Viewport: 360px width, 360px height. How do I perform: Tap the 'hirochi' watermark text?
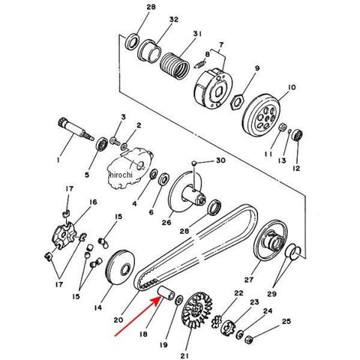tap(121, 175)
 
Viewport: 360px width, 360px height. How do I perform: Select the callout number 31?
tap(197, 34)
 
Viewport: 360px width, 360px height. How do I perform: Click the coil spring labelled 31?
tap(175, 66)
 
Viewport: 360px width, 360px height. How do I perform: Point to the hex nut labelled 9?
tap(237, 102)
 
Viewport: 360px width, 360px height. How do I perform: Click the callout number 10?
tap(292, 87)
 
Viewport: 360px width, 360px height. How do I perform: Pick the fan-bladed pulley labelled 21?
tap(197, 310)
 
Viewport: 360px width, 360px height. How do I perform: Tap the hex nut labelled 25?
tap(249, 339)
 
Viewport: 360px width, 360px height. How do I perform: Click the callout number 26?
tap(166, 222)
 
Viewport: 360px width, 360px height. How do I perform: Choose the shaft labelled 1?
tap(75, 130)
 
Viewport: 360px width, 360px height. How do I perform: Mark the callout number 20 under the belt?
tap(118, 319)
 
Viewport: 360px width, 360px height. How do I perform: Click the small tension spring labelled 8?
tap(200, 63)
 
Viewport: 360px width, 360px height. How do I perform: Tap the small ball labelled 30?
tap(194, 163)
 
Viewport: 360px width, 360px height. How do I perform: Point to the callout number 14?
tap(98, 307)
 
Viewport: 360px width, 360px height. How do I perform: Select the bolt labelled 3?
tap(115, 140)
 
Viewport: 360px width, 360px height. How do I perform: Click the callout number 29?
tap(271, 293)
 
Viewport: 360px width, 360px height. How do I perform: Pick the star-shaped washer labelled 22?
tap(217, 321)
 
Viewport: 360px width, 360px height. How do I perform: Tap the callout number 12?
tap(295, 168)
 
